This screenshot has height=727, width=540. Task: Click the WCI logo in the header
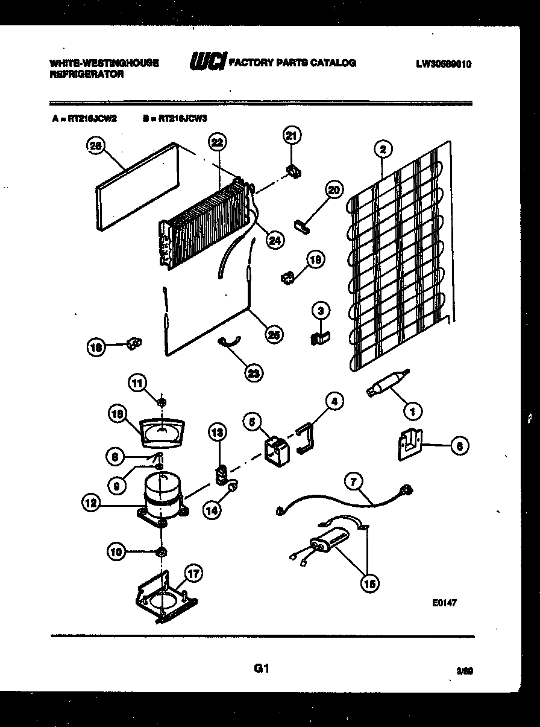(x=208, y=62)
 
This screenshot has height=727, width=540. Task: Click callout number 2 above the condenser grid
(x=383, y=148)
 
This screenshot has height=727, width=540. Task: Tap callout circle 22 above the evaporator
(x=218, y=142)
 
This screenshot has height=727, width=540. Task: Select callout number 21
(x=292, y=136)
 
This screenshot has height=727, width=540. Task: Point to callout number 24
(x=274, y=240)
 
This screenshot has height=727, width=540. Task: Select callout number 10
(x=117, y=550)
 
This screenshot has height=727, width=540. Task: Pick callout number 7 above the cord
(x=354, y=481)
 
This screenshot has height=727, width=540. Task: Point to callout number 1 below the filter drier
(x=412, y=412)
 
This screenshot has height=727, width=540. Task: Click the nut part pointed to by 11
(x=162, y=402)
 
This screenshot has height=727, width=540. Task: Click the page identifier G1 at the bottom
(x=260, y=668)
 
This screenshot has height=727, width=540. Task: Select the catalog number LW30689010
(x=443, y=63)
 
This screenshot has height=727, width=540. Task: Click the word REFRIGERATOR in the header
(x=87, y=74)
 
